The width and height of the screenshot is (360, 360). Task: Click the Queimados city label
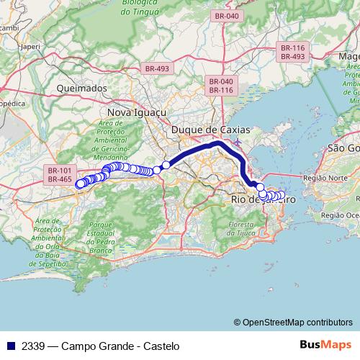(81, 88)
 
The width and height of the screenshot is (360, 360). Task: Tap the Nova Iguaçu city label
(136, 113)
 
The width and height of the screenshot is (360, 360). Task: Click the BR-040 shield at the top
(226, 15)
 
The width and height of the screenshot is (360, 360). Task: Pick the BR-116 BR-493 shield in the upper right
(293, 52)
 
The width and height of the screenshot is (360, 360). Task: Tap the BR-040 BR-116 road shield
(221, 86)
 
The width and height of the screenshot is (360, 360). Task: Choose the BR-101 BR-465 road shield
(60, 174)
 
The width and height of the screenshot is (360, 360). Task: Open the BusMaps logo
(325, 346)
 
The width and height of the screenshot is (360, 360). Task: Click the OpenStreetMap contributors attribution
(297, 323)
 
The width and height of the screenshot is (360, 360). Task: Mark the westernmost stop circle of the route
(80, 184)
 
